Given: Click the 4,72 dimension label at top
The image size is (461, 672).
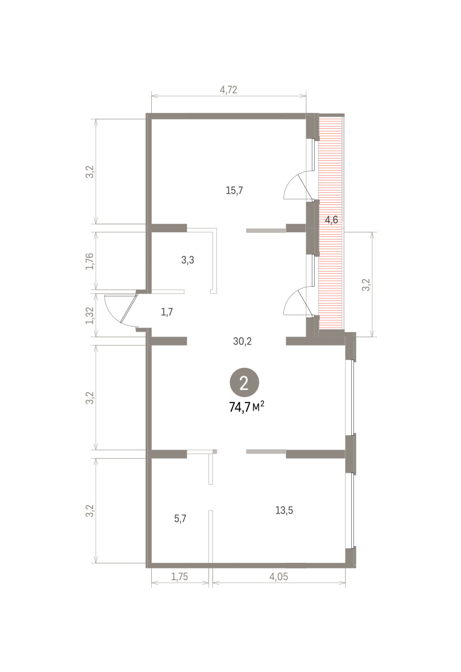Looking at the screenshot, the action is point(229,90).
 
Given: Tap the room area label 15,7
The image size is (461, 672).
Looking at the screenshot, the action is point(234,190).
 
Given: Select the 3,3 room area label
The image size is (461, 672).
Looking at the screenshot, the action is point(188,260).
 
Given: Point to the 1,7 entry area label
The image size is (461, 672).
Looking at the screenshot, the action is point(167,312).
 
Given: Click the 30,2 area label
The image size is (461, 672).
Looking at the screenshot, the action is point(243,341).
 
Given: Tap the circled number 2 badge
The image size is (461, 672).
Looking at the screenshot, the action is point(244,382).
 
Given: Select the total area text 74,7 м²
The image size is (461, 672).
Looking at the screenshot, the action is point(246,407).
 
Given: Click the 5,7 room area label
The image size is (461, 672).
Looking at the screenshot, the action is point(180,519).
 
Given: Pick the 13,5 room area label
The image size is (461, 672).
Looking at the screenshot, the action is point(284,510).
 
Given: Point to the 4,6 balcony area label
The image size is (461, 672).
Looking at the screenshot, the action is point(332,220).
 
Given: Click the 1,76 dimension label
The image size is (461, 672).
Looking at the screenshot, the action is point(90,262).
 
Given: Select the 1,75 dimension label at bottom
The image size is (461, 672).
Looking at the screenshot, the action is point(179,577).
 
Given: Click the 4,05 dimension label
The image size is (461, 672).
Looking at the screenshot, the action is point(278,577).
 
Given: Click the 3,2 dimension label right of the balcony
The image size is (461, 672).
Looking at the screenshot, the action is point(367,284).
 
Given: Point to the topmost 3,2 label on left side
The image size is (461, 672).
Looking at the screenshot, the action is point(90,172).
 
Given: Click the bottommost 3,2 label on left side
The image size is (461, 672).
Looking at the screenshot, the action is point(90,511).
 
